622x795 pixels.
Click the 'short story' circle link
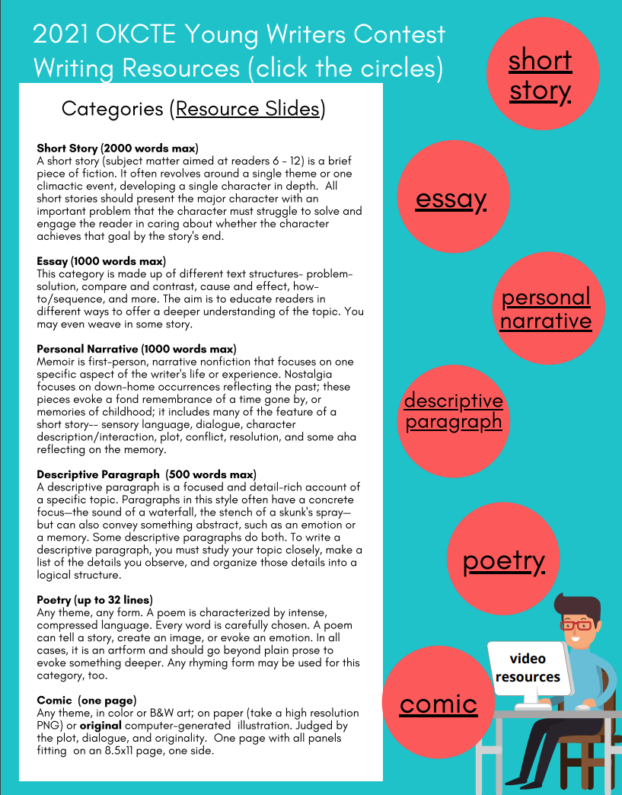coord(540,74)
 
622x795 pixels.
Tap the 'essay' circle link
coord(451,199)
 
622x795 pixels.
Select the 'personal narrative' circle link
coord(545,308)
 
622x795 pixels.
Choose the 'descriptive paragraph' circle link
coord(454,410)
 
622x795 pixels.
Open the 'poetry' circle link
coord(503,561)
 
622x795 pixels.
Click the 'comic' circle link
coord(438,704)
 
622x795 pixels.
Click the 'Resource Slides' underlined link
coord(247,109)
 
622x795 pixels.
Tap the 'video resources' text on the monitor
coord(528,668)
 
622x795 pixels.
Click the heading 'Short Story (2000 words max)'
coord(117,148)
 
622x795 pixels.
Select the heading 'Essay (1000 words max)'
coord(100,261)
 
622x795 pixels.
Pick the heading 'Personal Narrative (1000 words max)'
coord(136,349)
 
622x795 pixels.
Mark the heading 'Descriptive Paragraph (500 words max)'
coord(146,474)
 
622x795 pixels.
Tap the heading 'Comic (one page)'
coord(86,700)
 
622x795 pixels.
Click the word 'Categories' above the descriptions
coord(113,109)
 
